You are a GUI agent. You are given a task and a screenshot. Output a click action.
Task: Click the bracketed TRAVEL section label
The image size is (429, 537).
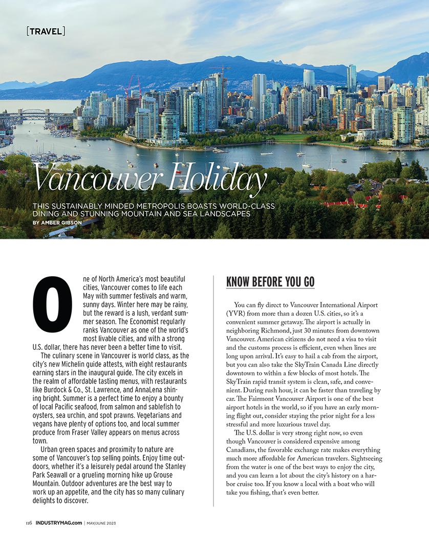pos(46,32)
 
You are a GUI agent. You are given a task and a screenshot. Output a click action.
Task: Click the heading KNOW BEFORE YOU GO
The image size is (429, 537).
pos(270,282)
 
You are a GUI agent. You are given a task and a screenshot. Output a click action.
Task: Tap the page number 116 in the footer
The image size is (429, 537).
pos(29,523)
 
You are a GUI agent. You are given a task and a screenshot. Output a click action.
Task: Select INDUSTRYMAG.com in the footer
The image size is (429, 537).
pos(58,523)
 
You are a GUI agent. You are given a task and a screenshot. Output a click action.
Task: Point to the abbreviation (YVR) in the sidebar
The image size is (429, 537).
pos(238,312)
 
